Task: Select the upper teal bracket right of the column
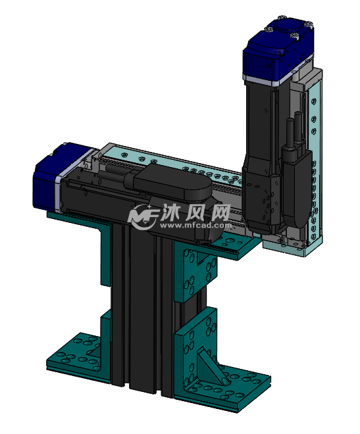[197, 270]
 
